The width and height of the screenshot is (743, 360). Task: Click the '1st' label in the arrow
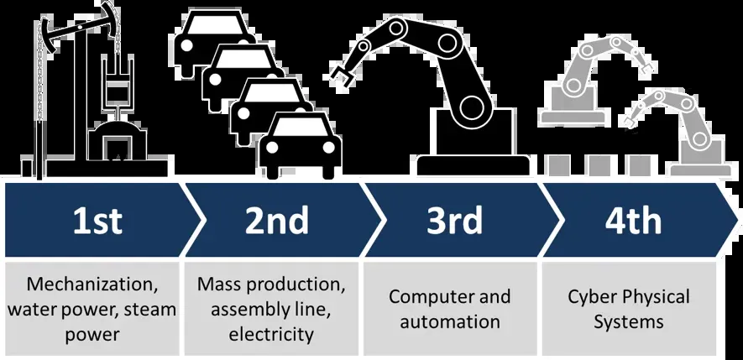click(x=97, y=221)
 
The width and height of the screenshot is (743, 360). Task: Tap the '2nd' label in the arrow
click(x=276, y=221)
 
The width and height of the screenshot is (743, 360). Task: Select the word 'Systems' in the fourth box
click(x=629, y=321)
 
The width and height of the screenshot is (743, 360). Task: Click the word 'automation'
click(x=450, y=321)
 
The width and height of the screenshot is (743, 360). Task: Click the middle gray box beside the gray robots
click(x=599, y=164)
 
